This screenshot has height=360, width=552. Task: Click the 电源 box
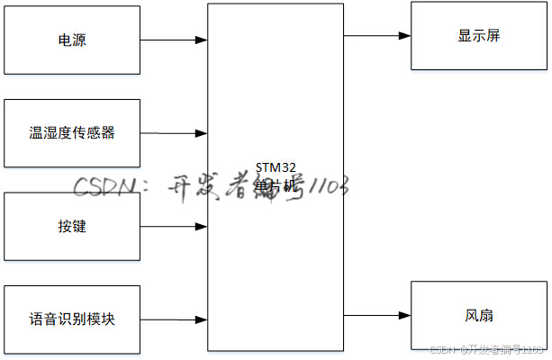pos(72,40)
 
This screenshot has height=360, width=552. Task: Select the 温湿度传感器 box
pos(72,133)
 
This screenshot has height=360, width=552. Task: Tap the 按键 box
pos(72,226)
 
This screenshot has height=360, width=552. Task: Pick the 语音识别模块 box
pos(72,319)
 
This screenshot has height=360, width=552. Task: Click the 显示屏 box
pos(478,36)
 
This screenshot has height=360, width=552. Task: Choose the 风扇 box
pos(478,316)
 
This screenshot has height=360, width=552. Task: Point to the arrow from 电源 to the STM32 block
pos(174,40)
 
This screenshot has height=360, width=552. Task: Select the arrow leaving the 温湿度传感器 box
pos(174,133)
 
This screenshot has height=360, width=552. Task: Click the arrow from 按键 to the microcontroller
pos(174,226)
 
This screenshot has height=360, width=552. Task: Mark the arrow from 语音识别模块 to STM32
pos(174,319)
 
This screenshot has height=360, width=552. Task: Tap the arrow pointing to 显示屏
pos(376,36)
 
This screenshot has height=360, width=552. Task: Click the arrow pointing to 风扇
pos(376,316)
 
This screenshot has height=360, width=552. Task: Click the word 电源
pos(72,40)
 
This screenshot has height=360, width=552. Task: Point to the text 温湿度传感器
pos(72,133)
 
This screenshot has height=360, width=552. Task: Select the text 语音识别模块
pos(72,319)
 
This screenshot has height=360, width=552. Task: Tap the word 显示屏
pos(478,36)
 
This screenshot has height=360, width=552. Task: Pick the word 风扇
pos(478,316)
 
